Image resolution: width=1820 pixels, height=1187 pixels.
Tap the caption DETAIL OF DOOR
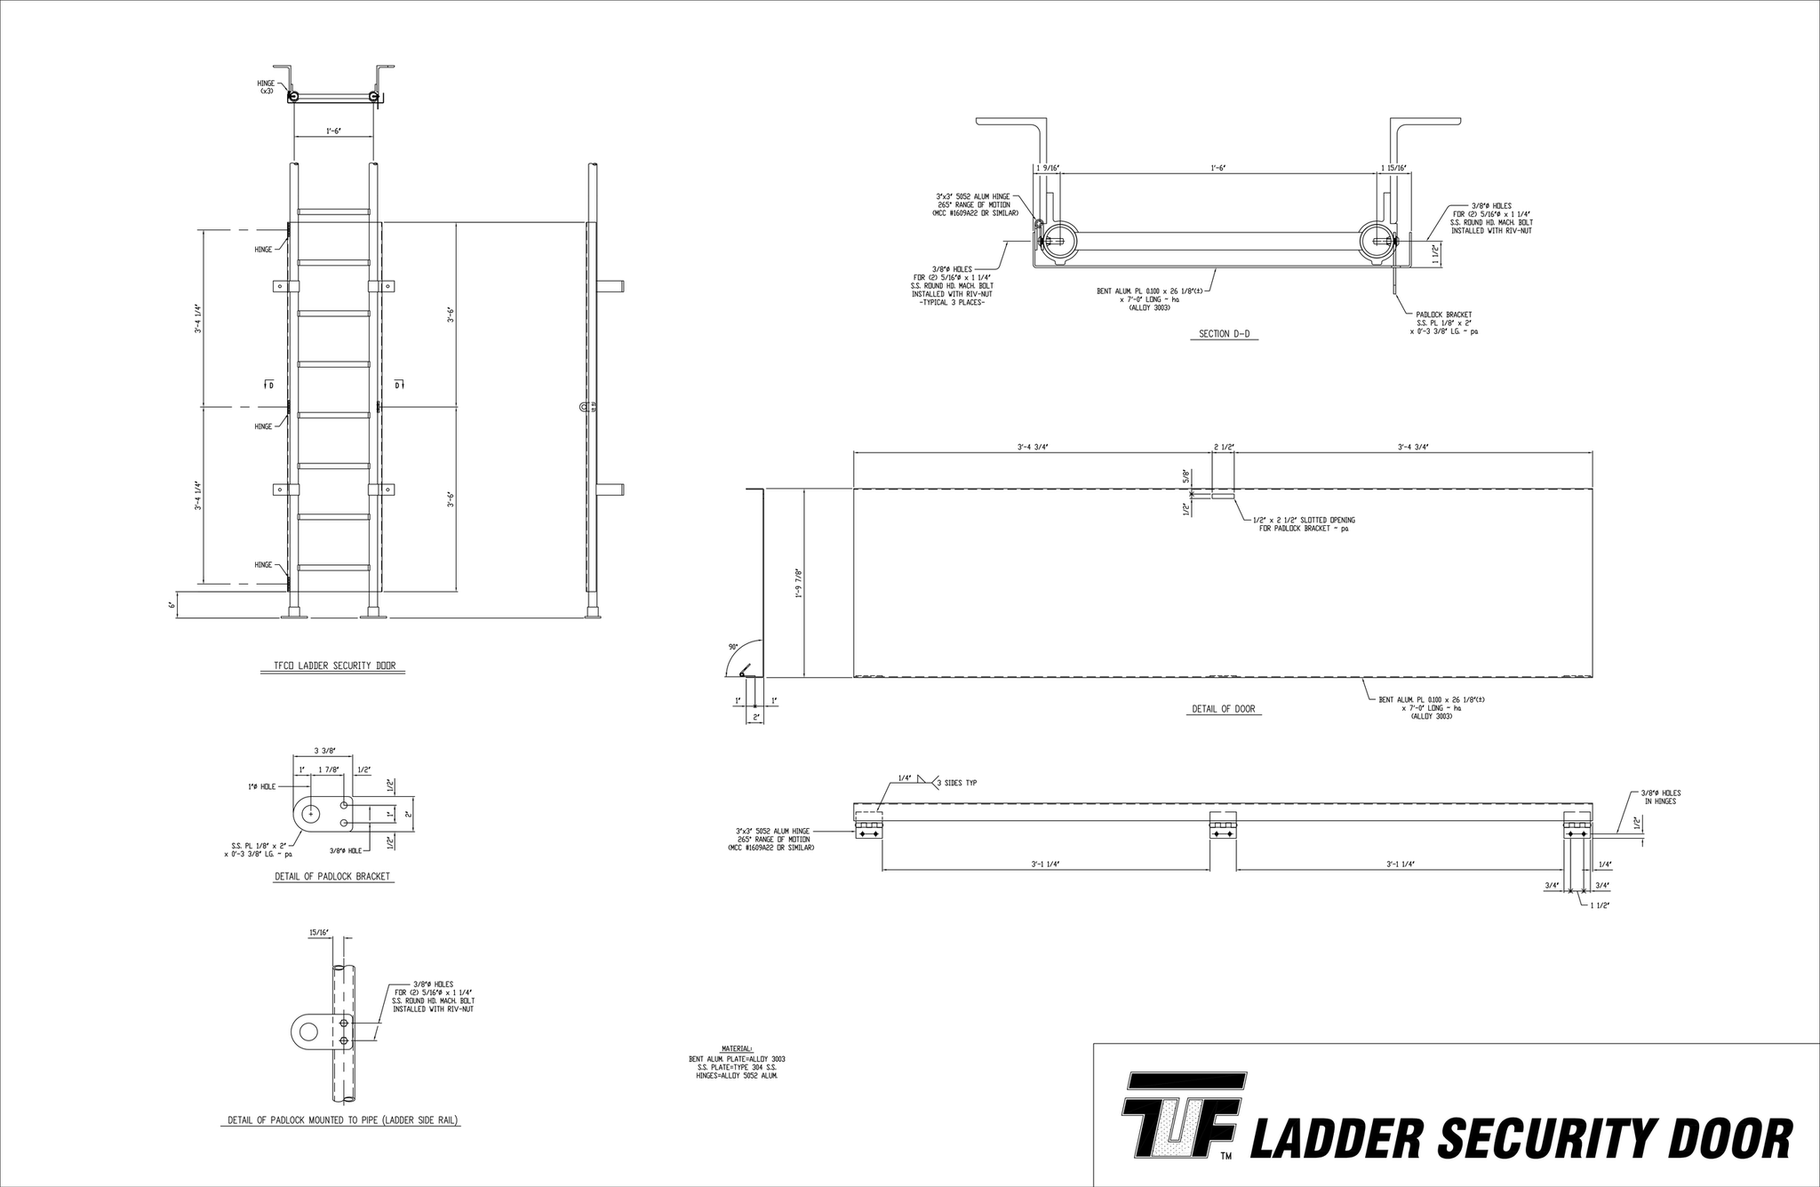pyautogui.click(x=1223, y=709)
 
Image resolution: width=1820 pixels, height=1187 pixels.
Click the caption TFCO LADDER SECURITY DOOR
pyautogui.click(x=333, y=665)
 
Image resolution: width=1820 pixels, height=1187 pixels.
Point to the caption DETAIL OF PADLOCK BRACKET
pyautogui.click(x=332, y=876)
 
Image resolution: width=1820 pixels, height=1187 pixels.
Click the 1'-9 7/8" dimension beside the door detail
pyautogui.click(x=799, y=583)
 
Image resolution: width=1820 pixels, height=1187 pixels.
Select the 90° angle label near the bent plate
pyautogui.click(x=733, y=647)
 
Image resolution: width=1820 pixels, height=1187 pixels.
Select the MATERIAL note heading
pyautogui.click(x=737, y=1049)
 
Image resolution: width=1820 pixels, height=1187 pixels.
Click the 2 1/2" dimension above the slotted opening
pyautogui.click(x=1224, y=447)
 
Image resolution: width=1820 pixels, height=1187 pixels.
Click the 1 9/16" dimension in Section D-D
pyautogui.click(x=1048, y=168)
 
